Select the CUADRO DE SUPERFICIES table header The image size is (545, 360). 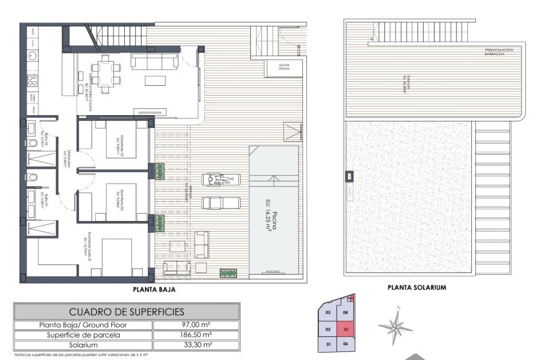coord(127,312)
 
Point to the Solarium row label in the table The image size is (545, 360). coord(82,344)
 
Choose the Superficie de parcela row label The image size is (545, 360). coord(82,335)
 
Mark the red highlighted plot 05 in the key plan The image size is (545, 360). coord(345,330)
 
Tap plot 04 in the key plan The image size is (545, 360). coord(345,313)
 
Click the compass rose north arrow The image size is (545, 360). coord(396,327)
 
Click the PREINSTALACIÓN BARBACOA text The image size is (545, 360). coord(498,51)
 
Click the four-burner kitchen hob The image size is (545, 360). coord(33,80)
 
